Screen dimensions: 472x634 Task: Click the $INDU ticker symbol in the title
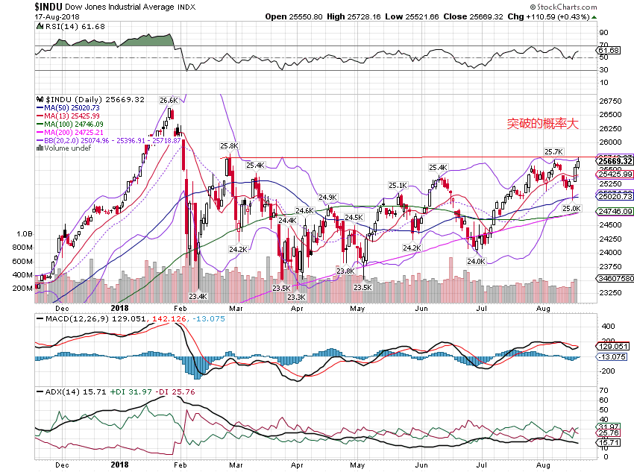51,5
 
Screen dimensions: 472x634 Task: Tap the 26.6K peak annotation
168,100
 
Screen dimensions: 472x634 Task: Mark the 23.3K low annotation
297,297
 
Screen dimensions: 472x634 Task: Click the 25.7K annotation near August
553,152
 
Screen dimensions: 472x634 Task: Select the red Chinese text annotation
542,124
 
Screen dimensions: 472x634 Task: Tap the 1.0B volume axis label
23,234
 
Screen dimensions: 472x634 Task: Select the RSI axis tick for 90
602,34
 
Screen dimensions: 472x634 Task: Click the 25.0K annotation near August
571,209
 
